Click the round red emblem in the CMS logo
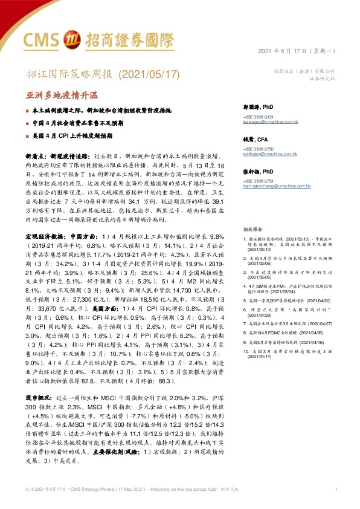point(70,40)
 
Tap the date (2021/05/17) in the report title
point(147,75)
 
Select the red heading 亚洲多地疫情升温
point(62,96)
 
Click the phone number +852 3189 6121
point(258,116)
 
